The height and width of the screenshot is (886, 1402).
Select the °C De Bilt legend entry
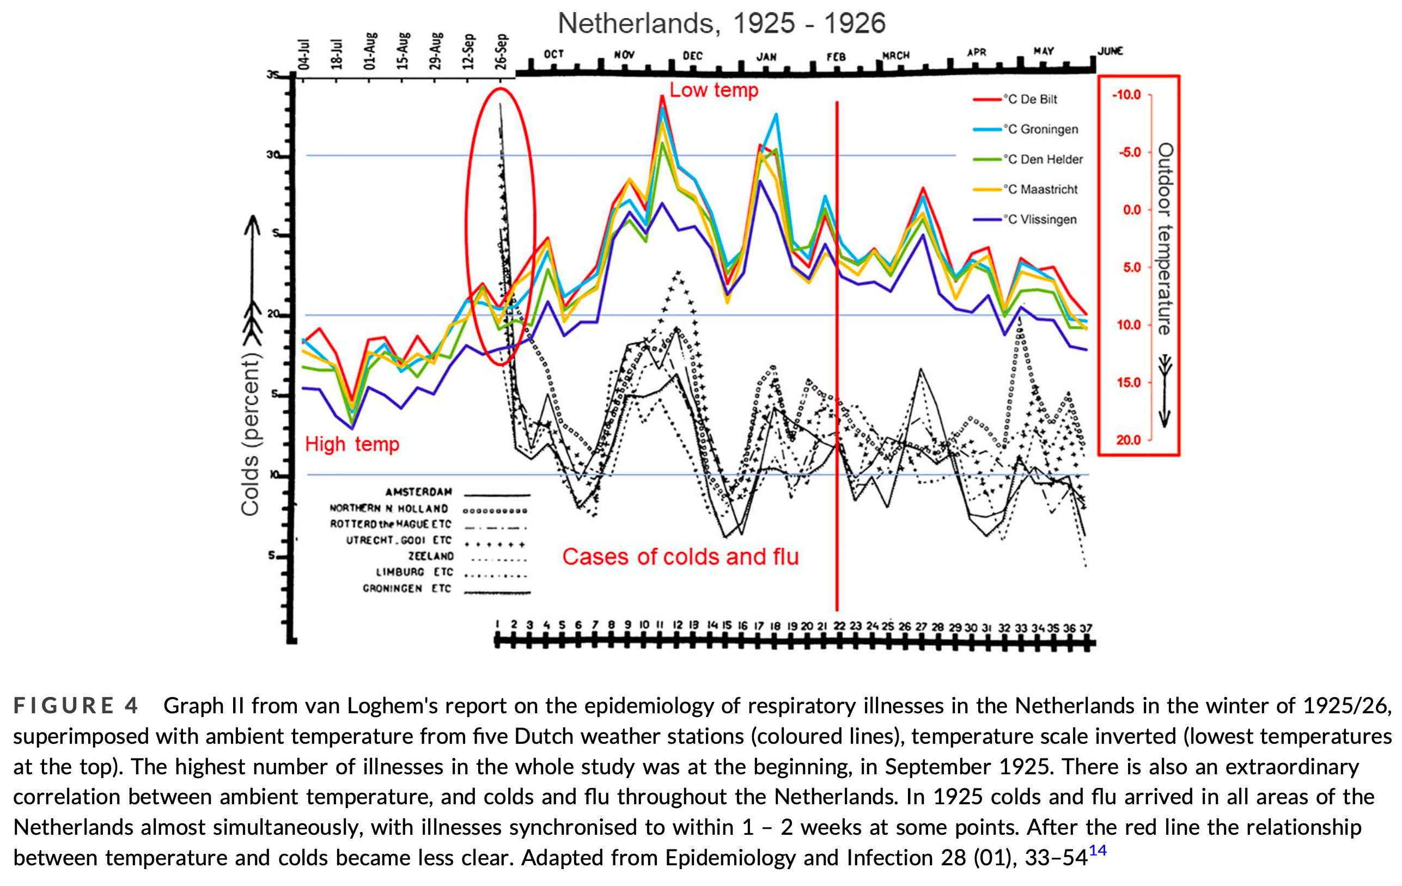coord(1029,100)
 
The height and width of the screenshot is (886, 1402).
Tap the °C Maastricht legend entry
coord(1039,189)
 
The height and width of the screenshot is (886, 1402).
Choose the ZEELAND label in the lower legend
coord(430,556)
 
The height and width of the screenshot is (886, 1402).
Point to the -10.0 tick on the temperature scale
coord(1126,95)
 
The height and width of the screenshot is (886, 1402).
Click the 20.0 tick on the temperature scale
coord(1129,440)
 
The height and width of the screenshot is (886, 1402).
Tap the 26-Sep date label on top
coord(501,51)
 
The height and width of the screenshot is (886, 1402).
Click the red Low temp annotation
coord(714,90)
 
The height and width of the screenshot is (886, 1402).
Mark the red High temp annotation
coord(352,445)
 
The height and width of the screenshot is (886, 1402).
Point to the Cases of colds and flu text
coord(680,557)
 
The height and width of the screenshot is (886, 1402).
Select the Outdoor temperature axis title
coord(1165,239)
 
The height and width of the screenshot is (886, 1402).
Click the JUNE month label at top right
coord(1110,51)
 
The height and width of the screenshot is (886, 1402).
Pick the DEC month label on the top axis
coord(692,56)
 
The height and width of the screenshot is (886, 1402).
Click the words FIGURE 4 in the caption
coord(76,706)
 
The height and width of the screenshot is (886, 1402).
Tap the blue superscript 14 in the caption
coord(1098,851)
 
